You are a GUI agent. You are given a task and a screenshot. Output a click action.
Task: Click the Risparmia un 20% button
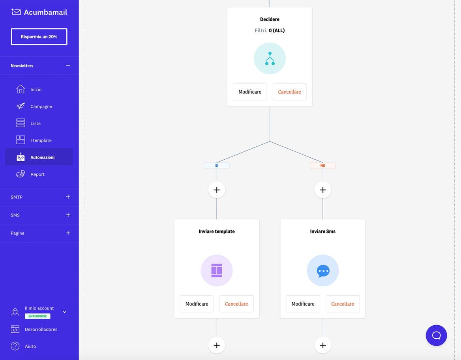coord(39,37)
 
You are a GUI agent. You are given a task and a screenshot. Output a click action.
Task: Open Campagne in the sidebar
coord(41,106)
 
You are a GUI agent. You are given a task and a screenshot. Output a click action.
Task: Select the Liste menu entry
coord(36,123)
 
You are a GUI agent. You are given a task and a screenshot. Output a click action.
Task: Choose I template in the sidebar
coord(41,140)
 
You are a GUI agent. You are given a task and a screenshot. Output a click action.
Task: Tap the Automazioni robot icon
coord(21,157)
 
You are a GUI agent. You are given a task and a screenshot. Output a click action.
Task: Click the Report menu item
coord(37,174)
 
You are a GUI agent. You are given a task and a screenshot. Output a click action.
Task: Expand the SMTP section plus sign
coord(68,197)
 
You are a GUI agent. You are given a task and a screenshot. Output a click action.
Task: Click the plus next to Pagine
coord(68,233)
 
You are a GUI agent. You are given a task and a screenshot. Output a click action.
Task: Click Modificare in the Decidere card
coord(250,92)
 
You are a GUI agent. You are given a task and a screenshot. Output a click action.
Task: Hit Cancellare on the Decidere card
coord(289,92)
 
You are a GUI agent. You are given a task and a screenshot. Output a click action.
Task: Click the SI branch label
coord(217,166)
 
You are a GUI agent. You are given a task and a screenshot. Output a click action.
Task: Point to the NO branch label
coord(323,166)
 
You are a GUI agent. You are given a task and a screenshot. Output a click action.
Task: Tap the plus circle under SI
coord(217,190)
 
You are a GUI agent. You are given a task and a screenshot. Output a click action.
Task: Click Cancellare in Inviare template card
coord(236,304)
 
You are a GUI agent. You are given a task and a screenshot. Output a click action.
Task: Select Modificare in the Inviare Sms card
coord(303,304)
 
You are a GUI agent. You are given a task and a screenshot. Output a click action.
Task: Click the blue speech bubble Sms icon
coord(323,270)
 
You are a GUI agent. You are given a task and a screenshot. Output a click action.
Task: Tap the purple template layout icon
coord(217,270)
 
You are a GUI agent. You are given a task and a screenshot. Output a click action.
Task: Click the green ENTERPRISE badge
coord(37,316)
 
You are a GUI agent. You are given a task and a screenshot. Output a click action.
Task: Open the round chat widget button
coord(436,336)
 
